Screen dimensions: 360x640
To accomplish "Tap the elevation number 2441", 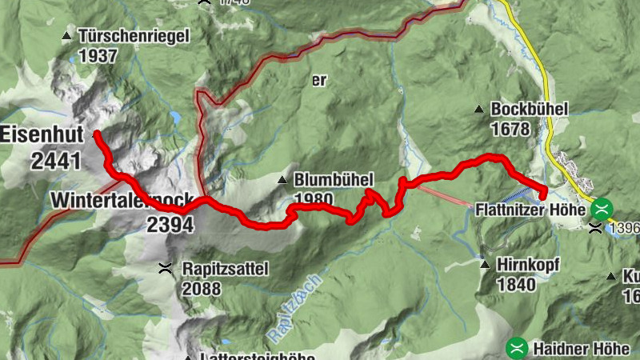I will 56,160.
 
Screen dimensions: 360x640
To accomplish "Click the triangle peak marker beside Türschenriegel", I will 66,37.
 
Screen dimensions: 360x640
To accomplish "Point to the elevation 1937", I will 98,56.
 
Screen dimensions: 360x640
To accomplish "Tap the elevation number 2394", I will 170,225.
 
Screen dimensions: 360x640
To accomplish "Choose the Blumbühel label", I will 334,180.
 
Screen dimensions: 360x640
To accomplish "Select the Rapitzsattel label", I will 225,269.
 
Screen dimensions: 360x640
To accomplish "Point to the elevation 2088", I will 203,288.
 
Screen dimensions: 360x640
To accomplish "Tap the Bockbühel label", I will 530,109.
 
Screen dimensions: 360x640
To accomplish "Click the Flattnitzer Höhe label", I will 531,210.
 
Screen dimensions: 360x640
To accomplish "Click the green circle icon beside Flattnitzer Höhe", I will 602,210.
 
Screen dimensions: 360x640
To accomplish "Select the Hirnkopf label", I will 528,264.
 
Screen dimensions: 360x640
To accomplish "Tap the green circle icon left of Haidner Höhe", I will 518,347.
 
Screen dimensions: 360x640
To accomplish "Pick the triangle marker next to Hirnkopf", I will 485,264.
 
